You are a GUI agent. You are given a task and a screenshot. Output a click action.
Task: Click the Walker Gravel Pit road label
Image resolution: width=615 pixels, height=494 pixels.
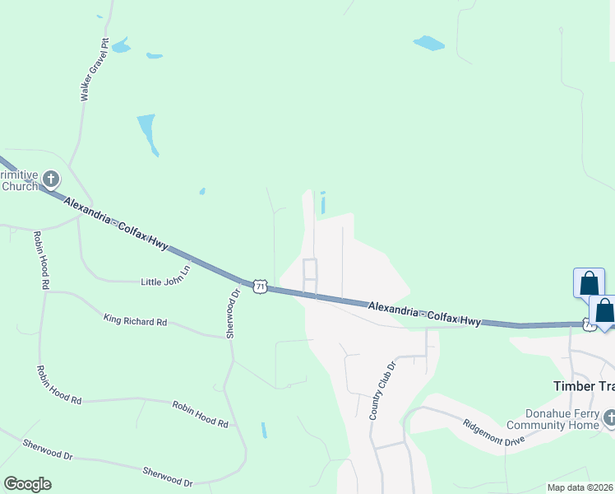tap(95, 70)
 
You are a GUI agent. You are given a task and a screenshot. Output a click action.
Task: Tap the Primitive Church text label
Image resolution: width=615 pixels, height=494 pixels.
tap(18, 180)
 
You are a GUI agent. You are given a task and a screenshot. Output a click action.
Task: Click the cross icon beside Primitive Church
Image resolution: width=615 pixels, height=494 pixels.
tap(51, 179)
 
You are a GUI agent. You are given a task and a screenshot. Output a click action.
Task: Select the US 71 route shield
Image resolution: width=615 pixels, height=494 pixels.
tap(260, 286)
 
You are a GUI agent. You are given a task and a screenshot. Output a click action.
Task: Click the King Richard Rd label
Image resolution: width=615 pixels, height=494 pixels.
tap(135, 319)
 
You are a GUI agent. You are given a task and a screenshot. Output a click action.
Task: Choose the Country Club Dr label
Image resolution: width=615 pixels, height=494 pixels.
tap(382, 389)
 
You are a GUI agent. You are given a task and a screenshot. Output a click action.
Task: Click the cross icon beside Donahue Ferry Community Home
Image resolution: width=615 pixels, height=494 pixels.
tap(609, 418)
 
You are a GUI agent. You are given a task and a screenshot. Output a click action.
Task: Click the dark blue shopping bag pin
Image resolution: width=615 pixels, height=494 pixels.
tap(604, 311)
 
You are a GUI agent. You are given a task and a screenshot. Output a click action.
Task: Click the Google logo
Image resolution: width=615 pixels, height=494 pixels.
tap(27, 483)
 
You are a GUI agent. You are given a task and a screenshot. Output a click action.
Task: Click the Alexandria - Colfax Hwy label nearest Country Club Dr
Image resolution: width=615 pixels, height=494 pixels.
tap(424, 313)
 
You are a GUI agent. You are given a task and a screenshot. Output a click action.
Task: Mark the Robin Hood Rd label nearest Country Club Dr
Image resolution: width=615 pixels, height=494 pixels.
tap(200, 413)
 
